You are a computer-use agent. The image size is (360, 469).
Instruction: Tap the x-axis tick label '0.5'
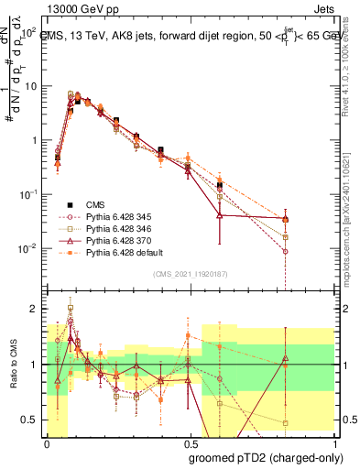[190, 444]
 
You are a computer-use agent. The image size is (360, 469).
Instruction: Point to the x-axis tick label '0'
[48, 444]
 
